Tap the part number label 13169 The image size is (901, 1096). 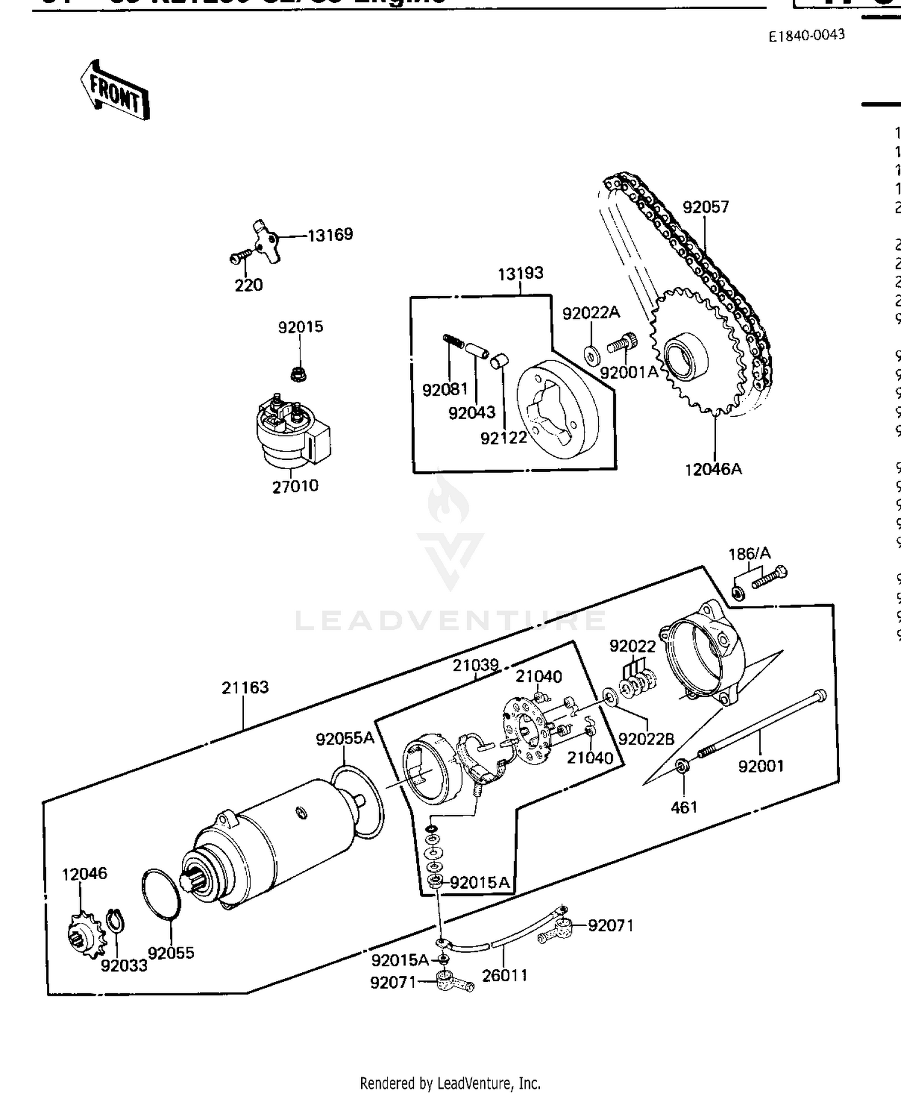point(330,235)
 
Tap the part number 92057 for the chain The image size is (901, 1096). point(706,207)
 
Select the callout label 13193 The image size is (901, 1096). point(520,273)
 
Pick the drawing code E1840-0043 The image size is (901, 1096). point(807,35)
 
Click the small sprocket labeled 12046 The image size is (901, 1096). point(85,934)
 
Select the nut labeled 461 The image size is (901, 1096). point(682,766)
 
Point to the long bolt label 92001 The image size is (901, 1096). point(760,766)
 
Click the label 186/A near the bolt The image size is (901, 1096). point(749,554)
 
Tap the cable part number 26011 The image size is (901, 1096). point(505,975)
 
